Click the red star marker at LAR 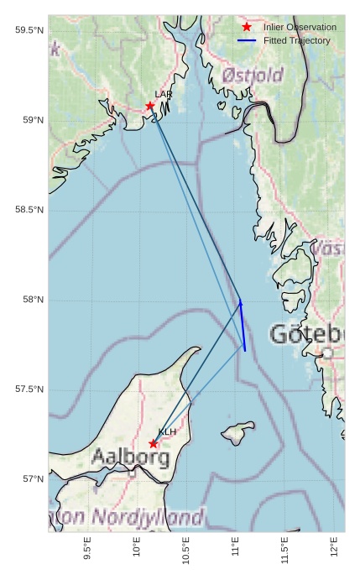150,106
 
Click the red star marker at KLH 153,443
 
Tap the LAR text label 163,95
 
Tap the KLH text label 167,432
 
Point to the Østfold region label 253,76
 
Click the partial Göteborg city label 307,334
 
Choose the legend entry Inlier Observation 294,28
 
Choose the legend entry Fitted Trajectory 296,40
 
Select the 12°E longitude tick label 336,549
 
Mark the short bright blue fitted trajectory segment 243,326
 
